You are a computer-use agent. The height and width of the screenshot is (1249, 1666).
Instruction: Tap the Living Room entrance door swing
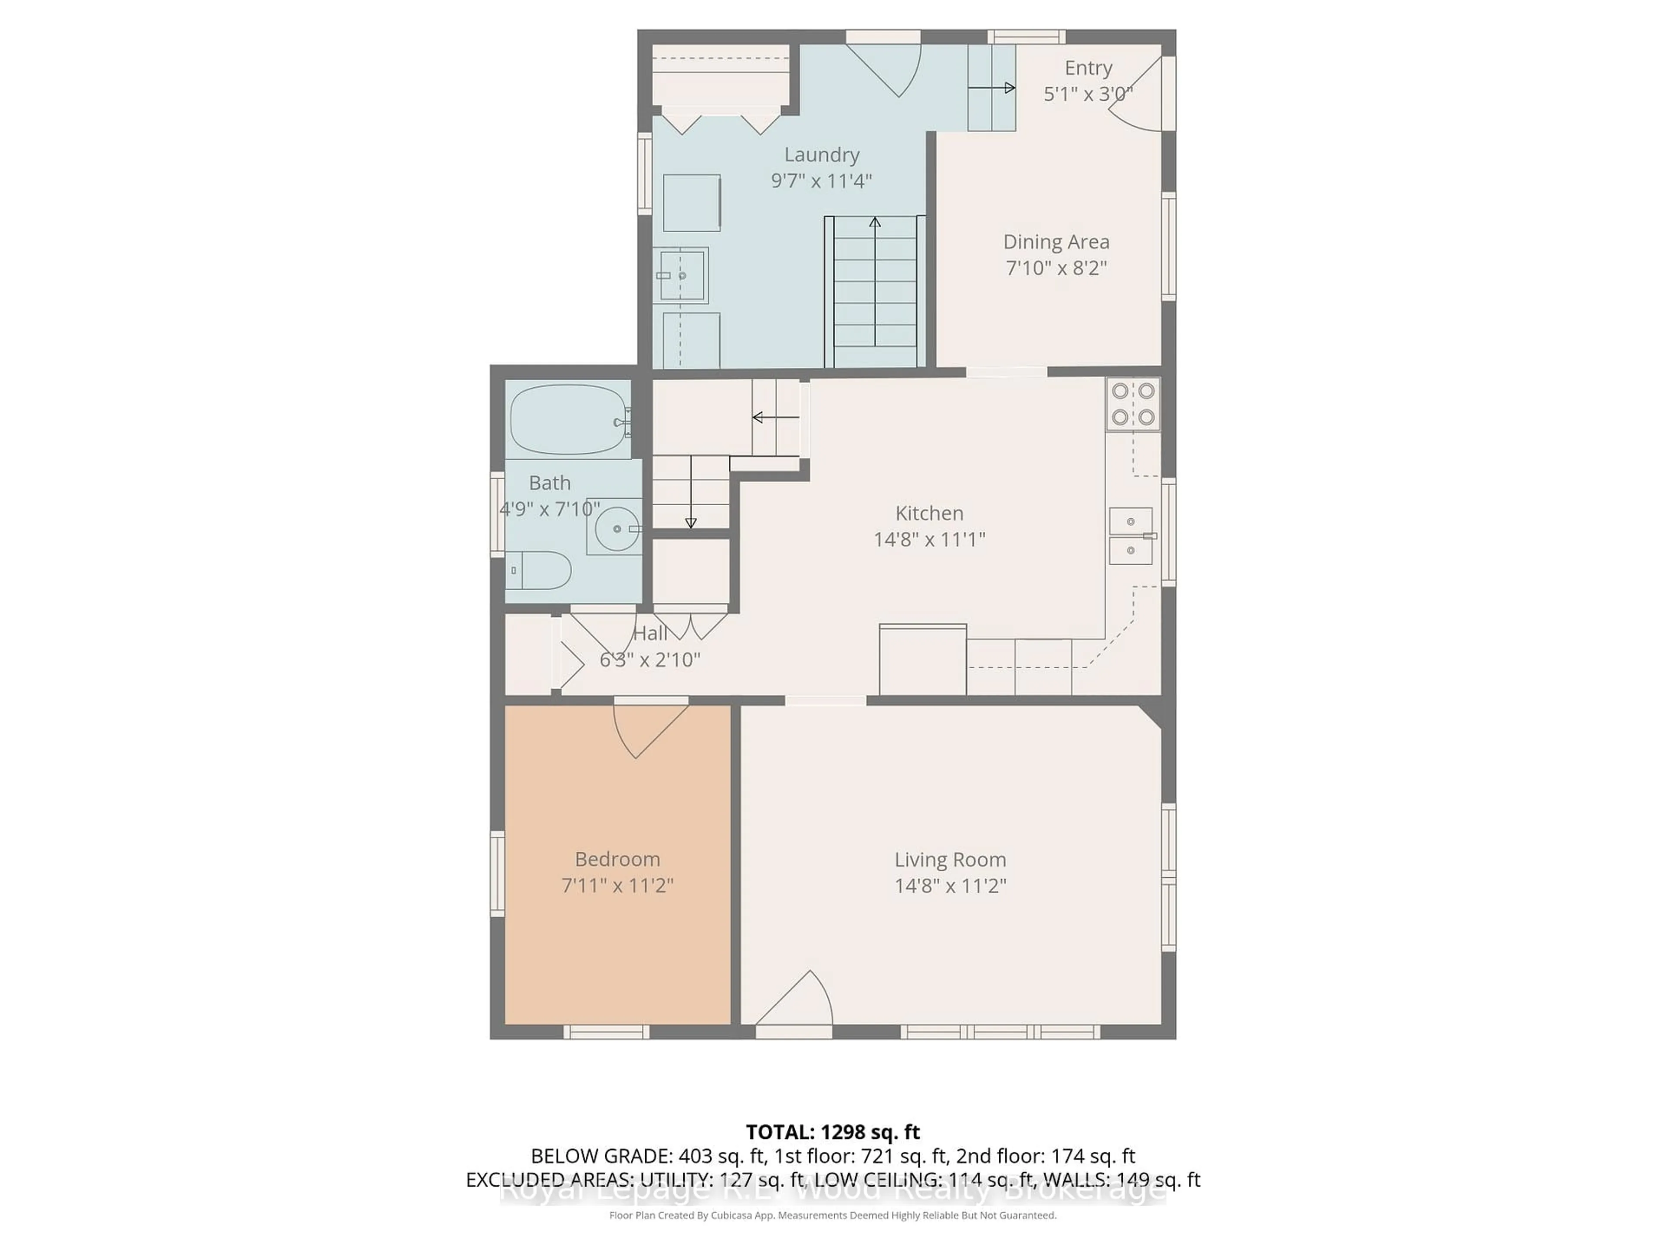798,1000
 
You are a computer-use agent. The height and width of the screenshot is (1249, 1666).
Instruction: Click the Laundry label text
822,155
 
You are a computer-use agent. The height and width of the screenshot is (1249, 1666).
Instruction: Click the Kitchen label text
928,513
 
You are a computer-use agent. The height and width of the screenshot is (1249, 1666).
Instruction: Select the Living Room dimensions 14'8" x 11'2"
950,886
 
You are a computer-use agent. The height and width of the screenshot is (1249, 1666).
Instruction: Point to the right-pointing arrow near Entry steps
1008,88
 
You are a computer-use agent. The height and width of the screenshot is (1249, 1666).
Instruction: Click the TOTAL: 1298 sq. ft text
832,1132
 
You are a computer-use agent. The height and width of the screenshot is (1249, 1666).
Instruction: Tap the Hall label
650,633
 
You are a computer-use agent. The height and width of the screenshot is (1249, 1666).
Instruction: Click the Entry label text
1088,68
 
